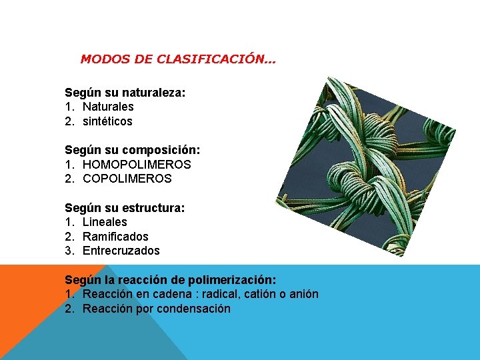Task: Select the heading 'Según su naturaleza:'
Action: click(125, 92)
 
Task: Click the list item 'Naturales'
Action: click(108, 107)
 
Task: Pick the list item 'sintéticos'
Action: click(107, 121)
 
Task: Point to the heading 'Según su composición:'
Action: click(132, 150)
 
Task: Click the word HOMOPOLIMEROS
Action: click(137, 164)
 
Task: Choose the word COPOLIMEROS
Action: click(127, 179)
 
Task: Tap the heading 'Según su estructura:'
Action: click(125, 207)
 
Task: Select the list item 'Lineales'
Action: click(105, 222)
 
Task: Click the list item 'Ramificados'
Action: click(115, 237)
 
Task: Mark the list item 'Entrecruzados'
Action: click(121, 251)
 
